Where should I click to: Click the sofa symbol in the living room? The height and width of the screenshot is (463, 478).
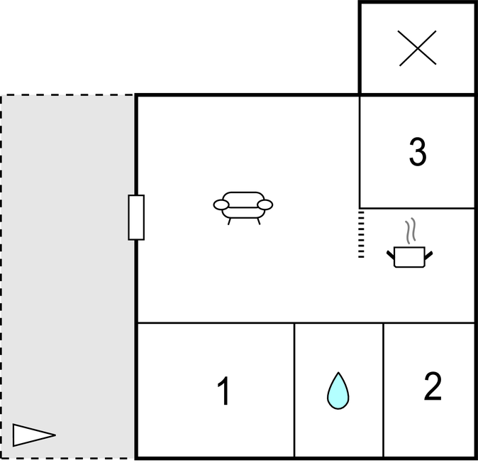click(243, 208)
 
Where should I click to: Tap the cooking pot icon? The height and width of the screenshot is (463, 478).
click(409, 256)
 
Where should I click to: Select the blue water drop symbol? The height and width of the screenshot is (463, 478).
click(338, 391)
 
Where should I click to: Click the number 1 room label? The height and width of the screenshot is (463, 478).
click(224, 391)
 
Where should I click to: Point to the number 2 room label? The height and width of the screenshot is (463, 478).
click(433, 386)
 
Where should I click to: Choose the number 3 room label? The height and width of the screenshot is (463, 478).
click(417, 151)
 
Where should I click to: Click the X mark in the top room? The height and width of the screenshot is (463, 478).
click(418, 48)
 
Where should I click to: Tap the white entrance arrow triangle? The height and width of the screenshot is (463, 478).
click(34, 435)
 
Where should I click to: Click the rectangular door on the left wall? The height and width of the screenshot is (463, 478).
click(136, 217)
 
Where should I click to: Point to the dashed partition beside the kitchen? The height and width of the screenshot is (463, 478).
click(361, 234)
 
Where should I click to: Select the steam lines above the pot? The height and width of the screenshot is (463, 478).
click(411, 230)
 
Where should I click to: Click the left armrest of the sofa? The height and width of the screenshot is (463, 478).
click(221, 205)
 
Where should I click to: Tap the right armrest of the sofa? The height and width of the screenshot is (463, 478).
click(265, 205)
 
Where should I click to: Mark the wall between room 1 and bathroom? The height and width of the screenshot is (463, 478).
click(294, 390)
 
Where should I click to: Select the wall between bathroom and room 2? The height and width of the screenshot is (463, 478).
click(383, 390)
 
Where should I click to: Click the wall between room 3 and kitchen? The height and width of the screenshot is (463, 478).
click(417, 209)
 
